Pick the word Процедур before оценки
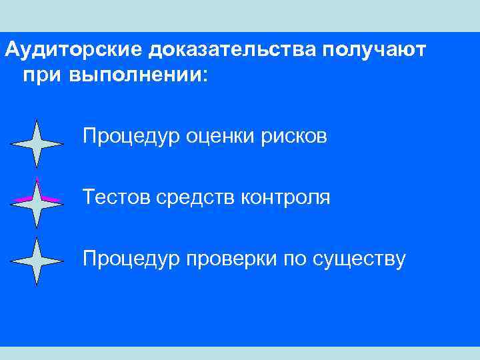tap(131, 137)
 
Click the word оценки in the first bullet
tap(218, 137)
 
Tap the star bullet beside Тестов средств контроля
tap(37, 202)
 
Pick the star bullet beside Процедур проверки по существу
tap(37, 261)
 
